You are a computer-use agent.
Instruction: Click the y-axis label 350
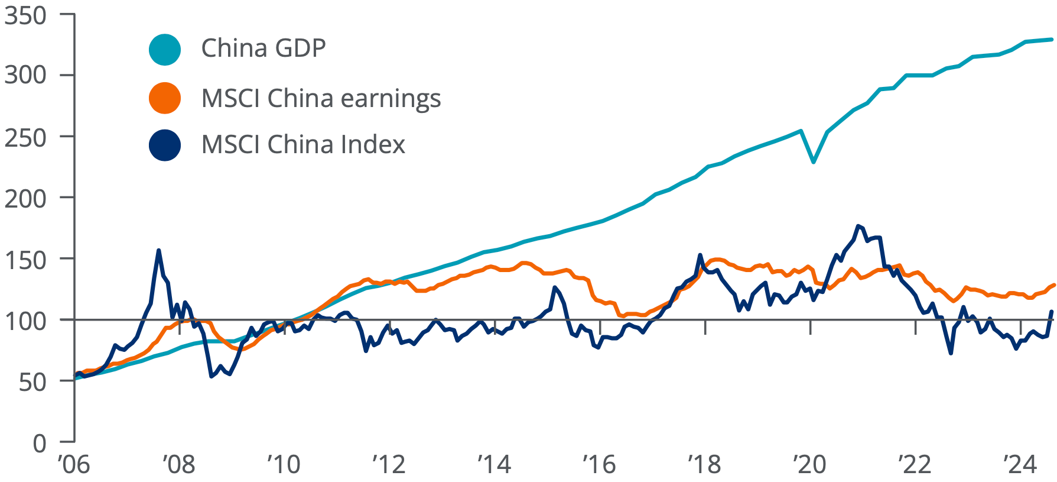(x=25, y=16)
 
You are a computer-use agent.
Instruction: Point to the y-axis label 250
(x=25, y=138)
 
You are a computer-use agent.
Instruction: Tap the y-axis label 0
(x=39, y=443)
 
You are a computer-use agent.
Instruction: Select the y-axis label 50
(x=32, y=382)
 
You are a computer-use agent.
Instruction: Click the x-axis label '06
(x=74, y=465)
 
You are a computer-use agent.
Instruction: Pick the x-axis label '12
(x=389, y=465)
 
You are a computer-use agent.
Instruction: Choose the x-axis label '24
(x=1020, y=465)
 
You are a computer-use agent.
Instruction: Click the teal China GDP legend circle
(x=164, y=49)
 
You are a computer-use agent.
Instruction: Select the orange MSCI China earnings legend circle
(x=164, y=98)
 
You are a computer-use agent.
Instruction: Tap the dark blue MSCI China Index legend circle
(x=164, y=145)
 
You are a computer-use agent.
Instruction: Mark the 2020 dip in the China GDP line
(x=814, y=161)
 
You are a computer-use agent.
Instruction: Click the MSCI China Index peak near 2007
(x=158, y=250)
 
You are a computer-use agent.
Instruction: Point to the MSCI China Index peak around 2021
(x=858, y=226)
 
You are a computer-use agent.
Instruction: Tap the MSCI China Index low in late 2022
(x=951, y=353)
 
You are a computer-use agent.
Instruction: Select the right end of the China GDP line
(x=1052, y=40)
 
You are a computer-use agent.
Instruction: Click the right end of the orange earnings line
(x=1053, y=285)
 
